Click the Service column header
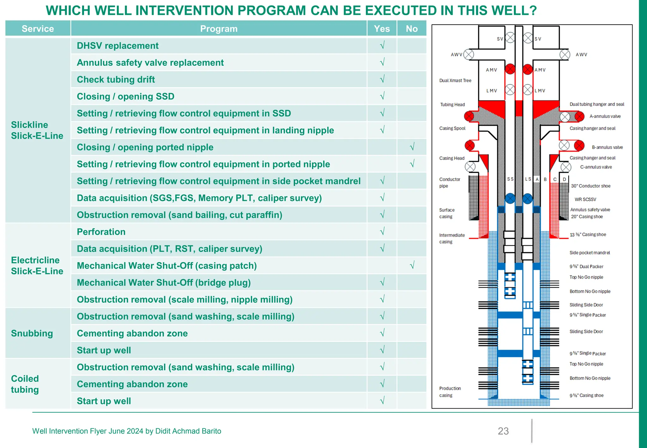38,29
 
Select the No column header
412,29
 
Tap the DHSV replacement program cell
118,46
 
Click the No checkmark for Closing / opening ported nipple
412,147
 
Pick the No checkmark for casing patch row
412,265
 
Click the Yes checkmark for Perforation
382,232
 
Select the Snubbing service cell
32,333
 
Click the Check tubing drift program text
116,80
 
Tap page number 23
503,431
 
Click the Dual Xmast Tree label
455,81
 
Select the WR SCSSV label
585,199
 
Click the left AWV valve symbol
469,54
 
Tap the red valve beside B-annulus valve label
579,146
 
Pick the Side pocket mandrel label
590,253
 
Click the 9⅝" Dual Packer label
586,266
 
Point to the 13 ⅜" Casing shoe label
588,234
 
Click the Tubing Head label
452,105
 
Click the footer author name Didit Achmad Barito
188,431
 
